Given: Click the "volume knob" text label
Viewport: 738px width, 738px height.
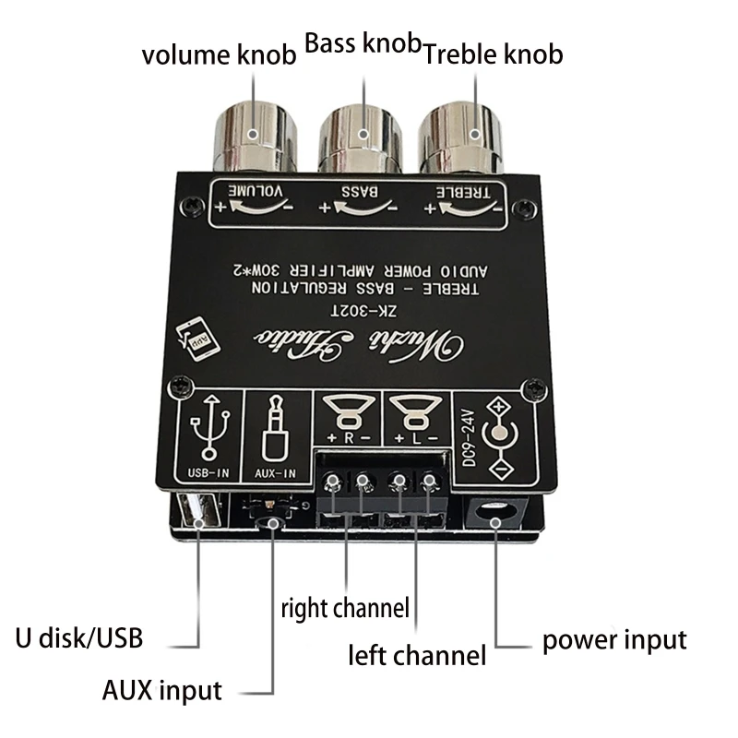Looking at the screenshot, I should point(219,54).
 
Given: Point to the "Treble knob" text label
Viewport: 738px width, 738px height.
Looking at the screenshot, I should point(493,54).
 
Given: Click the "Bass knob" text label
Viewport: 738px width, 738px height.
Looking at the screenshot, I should point(363,42).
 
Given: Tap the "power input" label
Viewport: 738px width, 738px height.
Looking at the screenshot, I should point(613,639).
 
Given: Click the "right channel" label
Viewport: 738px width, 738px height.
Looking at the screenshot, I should point(344,608).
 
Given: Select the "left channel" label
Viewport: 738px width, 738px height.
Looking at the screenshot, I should point(416,656).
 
